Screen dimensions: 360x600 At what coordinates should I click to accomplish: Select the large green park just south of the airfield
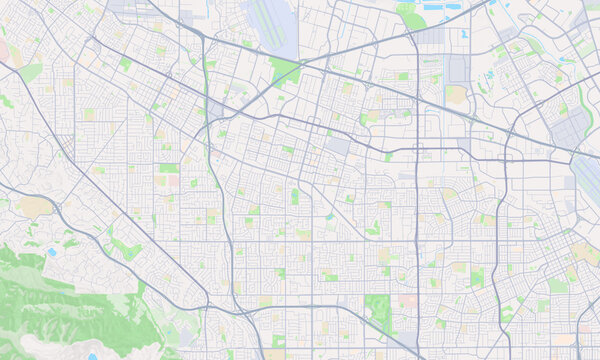pos(286,69)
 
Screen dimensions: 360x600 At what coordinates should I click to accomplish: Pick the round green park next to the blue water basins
pos(411,16)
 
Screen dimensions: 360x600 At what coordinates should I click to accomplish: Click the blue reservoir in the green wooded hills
pos(51,252)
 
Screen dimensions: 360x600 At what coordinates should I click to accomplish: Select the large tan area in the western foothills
pos(34,207)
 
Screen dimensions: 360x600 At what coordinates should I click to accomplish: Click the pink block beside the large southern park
pos(407,300)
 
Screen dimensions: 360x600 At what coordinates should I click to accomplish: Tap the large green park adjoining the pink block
pos(379,311)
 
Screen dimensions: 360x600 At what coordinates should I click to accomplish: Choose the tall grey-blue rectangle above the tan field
pos(458,69)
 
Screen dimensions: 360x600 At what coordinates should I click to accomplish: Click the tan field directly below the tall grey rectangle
pos(457,95)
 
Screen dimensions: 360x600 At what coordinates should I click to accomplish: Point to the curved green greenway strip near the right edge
pos(584,100)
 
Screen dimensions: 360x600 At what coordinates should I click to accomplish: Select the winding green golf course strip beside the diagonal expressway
pos(125,246)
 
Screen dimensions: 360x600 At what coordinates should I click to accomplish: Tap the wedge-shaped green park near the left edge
pos(31,72)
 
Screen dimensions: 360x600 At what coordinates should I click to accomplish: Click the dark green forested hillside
pos(60,300)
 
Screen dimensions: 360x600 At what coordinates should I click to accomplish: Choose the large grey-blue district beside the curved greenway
pos(569,130)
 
